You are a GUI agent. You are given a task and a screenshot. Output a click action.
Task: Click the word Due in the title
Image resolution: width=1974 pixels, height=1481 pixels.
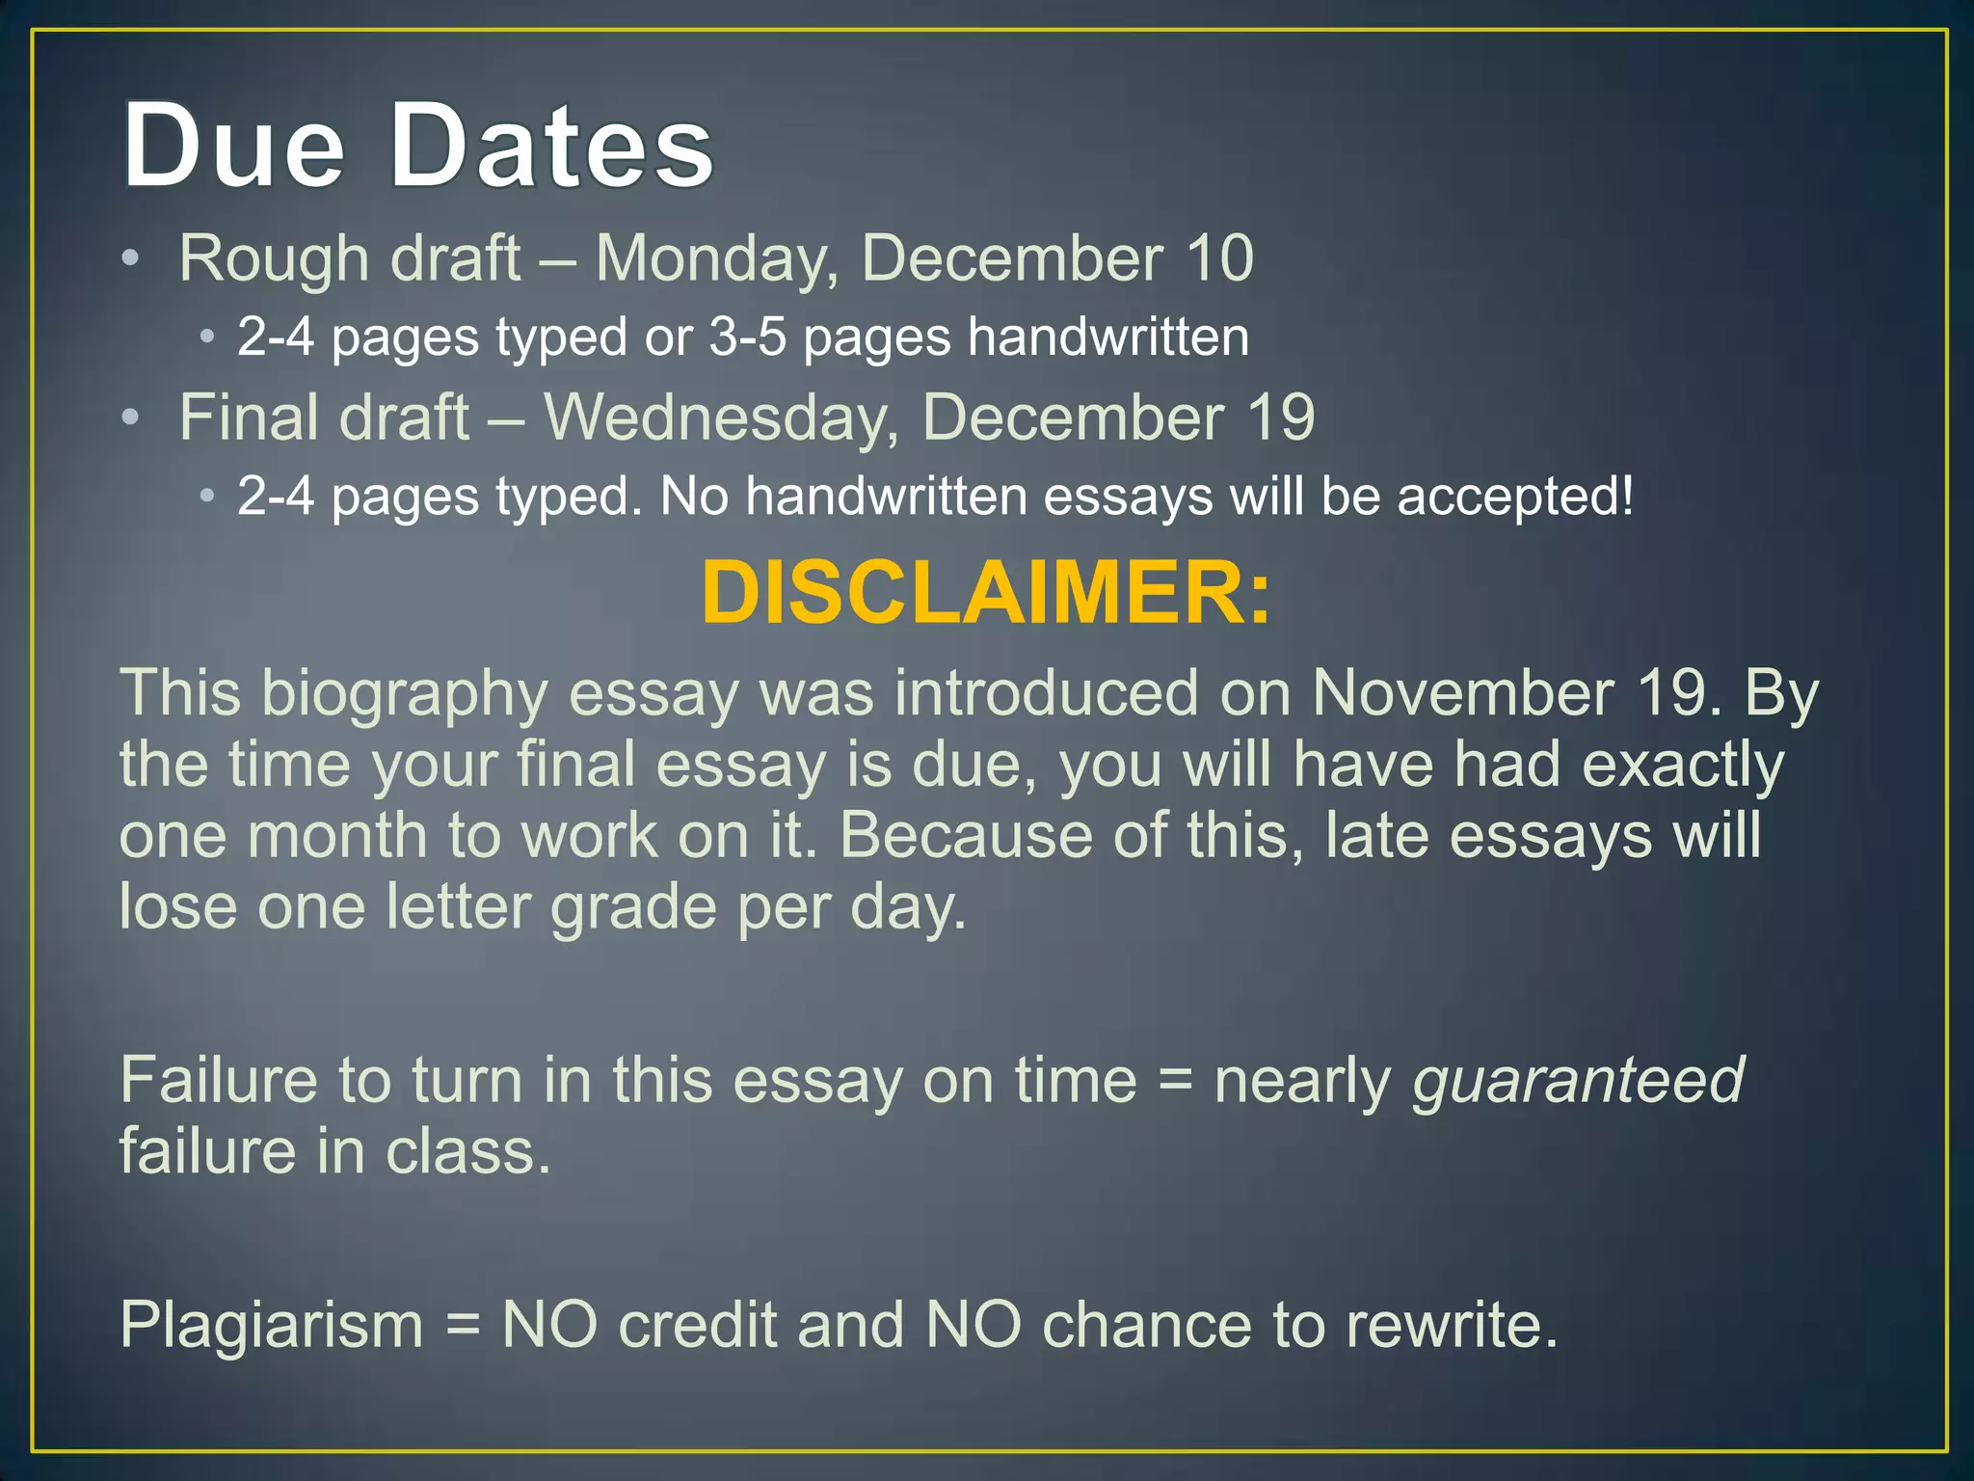pyautogui.click(x=233, y=147)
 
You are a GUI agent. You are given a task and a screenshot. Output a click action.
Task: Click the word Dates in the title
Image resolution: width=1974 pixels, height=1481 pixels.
pyautogui.click(x=551, y=147)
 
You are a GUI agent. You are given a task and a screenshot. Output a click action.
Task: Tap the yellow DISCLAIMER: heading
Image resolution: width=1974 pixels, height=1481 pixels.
pyautogui.click(x=986, y=593)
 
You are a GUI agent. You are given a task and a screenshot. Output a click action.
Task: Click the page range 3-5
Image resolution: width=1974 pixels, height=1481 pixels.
pyautogui.click(x=747, y=337)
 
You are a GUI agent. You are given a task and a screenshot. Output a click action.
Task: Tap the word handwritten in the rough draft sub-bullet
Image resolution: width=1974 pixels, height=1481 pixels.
pyautogui.click(x=1108, y=337)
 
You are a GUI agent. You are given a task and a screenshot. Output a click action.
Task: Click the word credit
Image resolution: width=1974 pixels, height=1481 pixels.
pyautogui.click(x=697, y=1325)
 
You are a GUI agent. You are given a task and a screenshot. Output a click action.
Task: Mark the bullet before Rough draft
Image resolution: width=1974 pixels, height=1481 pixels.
pyautogui.click(x=130, y=258)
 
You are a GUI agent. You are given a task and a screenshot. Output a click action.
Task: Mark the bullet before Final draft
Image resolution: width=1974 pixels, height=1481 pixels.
pyautogui.click(x=130, y=417)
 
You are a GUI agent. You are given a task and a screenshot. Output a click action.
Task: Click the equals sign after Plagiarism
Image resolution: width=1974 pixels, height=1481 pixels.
pyautogui.click(x=463, y=1327)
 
